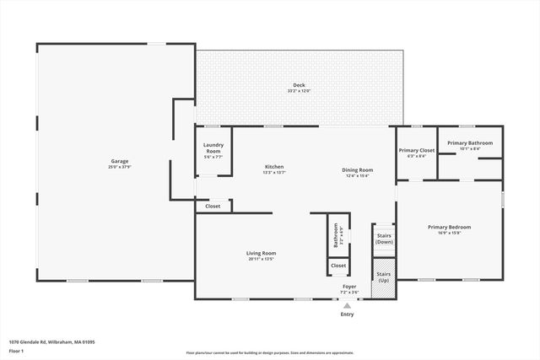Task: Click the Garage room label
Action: click(119, 161)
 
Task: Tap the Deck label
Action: click(299, 85)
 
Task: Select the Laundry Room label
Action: click(213, 148)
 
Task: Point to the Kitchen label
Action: click(274, 167)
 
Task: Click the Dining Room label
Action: click(358, 170)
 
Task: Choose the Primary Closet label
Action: click(417, 150)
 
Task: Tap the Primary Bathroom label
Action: click(469, 142)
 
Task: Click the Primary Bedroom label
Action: click(449, 227)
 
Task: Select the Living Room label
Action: click(262, 253)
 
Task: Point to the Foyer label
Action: click(349, 287)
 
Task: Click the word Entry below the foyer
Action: click(347, 314)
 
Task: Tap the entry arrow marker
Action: click(347, 305)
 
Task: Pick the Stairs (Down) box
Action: click(384, 239)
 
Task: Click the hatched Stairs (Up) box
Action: click(384, 276)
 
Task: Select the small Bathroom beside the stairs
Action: click(337, 234)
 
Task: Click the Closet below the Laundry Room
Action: click(213, 206)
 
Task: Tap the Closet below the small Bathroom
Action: click(337, 266)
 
